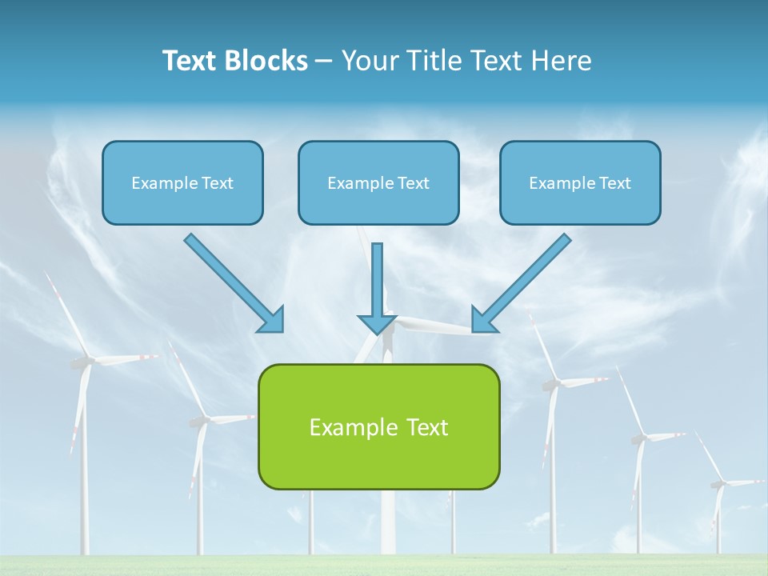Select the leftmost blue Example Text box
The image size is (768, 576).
click(182, 182)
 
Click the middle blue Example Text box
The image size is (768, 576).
click(378, 182)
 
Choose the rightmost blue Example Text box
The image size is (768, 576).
click(580, 182)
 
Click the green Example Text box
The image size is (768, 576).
click(378, 426)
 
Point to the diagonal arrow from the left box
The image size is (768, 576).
click(232, 281)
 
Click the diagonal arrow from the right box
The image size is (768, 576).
click(524, 281)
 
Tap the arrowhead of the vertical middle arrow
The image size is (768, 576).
click(377, 323)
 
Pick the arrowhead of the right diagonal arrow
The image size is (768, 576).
click(484, 319)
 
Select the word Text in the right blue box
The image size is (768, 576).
click(614, 183)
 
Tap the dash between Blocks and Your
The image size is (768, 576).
click(324, 62)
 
